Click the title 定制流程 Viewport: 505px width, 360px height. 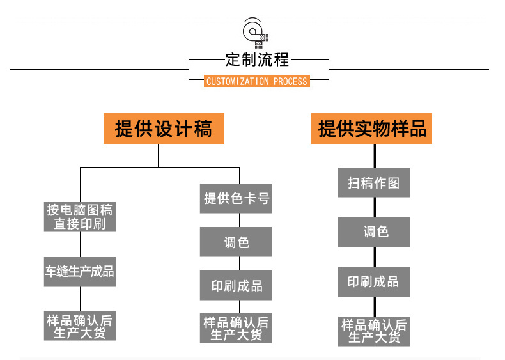click(257, 60)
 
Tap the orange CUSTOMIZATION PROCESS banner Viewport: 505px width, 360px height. click(257, 81)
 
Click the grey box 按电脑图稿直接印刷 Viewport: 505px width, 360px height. click(80, 217)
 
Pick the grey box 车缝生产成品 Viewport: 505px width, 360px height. click(80, 271)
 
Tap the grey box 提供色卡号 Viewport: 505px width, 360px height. click(236, 198)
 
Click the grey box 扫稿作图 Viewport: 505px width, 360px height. click(373, 183)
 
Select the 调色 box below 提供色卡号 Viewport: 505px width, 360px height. click(236, 242)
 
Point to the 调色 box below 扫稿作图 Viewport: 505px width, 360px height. click(373, 231)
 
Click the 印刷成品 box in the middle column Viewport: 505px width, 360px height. click(236, 286)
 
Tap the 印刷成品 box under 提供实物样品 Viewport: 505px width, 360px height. click(373, 281)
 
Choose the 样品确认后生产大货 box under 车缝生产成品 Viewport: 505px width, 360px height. click(80, 325)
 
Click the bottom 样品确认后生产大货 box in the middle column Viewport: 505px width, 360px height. click(236, 328)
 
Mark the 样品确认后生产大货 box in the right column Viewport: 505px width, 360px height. click(373, 331)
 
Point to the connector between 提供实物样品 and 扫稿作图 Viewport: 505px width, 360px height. click(373, 156)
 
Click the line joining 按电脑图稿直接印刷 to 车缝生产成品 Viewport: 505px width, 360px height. click(80, 245)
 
